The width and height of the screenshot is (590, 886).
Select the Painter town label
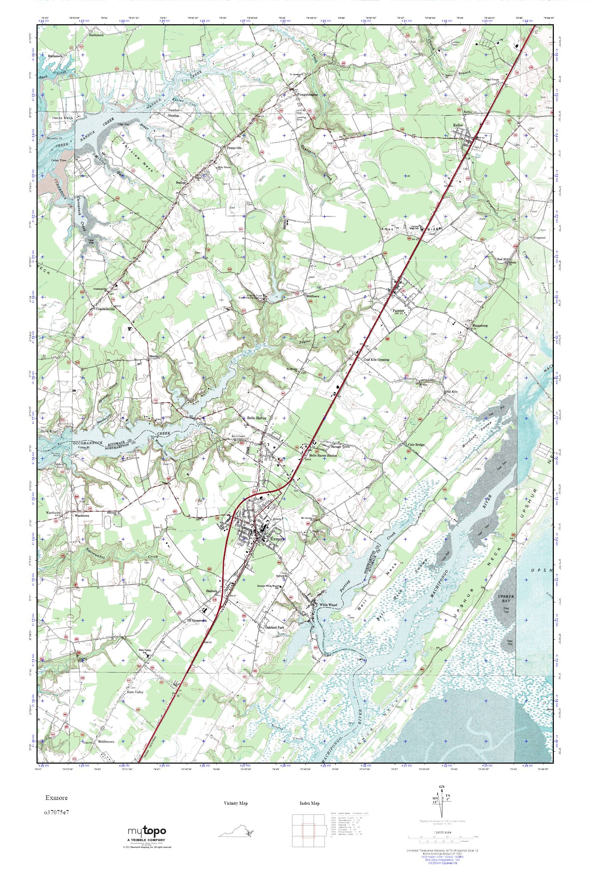click(x=398, y=311)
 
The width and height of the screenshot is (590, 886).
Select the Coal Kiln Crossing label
click(x=376, y=359)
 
